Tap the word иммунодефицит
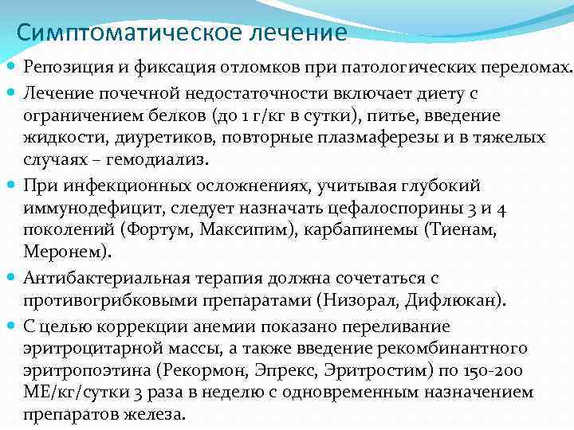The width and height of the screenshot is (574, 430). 90,208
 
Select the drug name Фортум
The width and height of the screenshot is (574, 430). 159,231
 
